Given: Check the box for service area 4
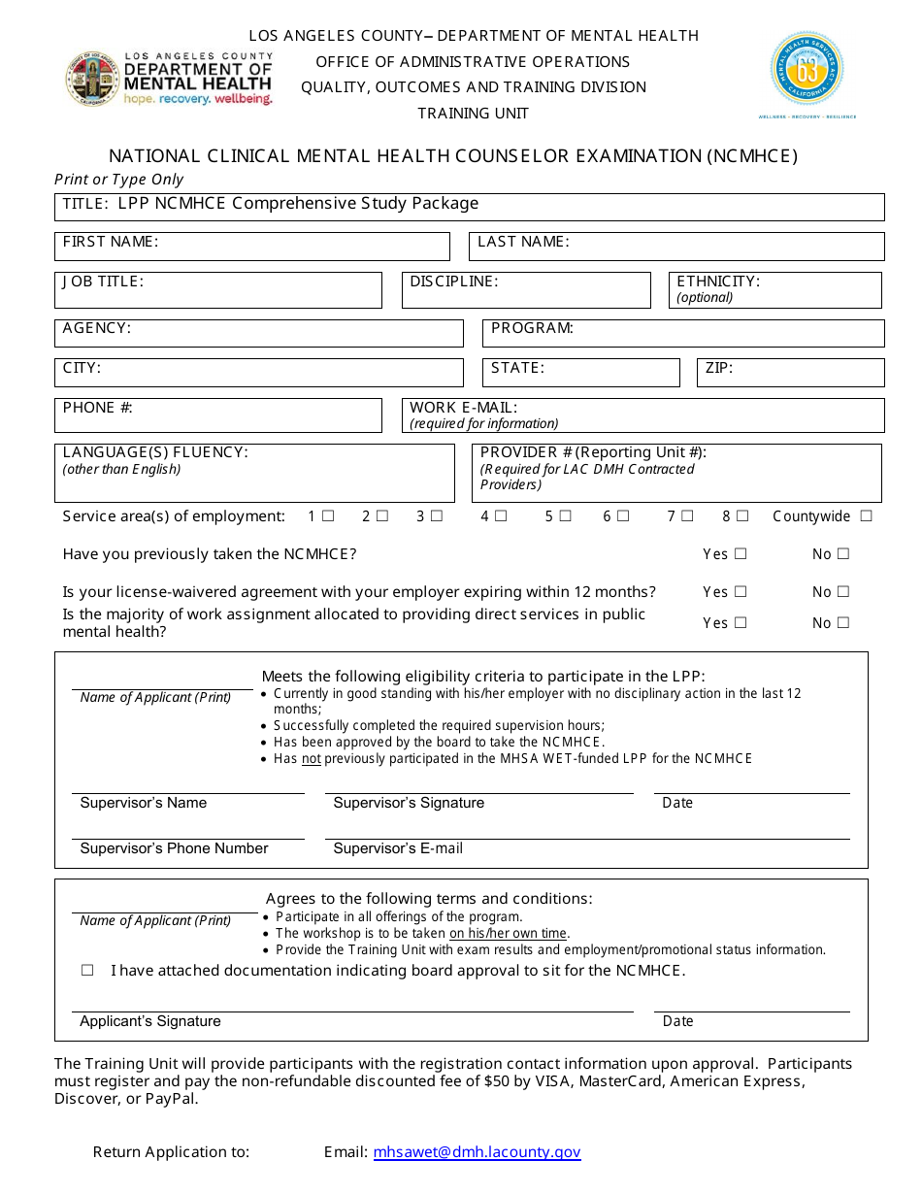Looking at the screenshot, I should pyautogui.click(x=501, y=516).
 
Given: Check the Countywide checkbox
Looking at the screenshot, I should pyautogui.click(x=866, y=516).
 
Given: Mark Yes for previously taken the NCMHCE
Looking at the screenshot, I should pyautogui.click(x=741, y=554).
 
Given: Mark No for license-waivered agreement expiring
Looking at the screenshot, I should pyautogui.click(x=842, y=592).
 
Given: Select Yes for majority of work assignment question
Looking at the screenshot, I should pyautogui.click(x=741, y=623).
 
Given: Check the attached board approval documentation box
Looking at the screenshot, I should pyautogui.click(x=87, y=971).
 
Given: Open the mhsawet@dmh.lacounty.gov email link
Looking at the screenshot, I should pyautogui.click(x=477, y=1152).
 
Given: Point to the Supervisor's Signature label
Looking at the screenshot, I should pyautogui.click(x=409, y=803).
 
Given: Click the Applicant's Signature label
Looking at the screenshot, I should pyautogui.click(x=150, y=1021).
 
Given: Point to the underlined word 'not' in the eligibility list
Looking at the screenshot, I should pyautogui.click(x=311, y=759).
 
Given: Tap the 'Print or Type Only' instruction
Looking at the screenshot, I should pyautogui.click(x=118, y=180).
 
